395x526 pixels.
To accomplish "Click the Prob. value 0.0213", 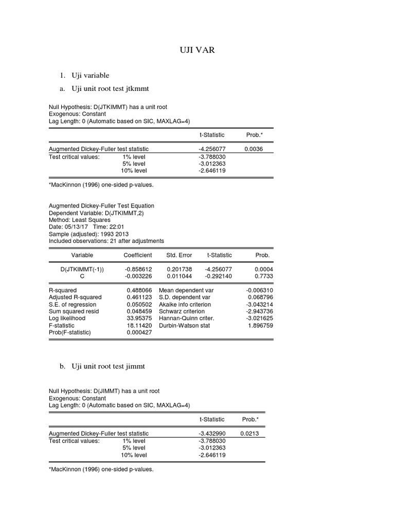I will point(249,434).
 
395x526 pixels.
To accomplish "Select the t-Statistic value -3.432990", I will point(212,434).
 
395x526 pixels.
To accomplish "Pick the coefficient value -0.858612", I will point(138,269).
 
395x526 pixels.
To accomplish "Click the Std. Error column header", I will point(178,255).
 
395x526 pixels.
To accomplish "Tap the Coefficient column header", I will point(138,255).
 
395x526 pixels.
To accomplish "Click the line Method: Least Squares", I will point(80,220).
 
